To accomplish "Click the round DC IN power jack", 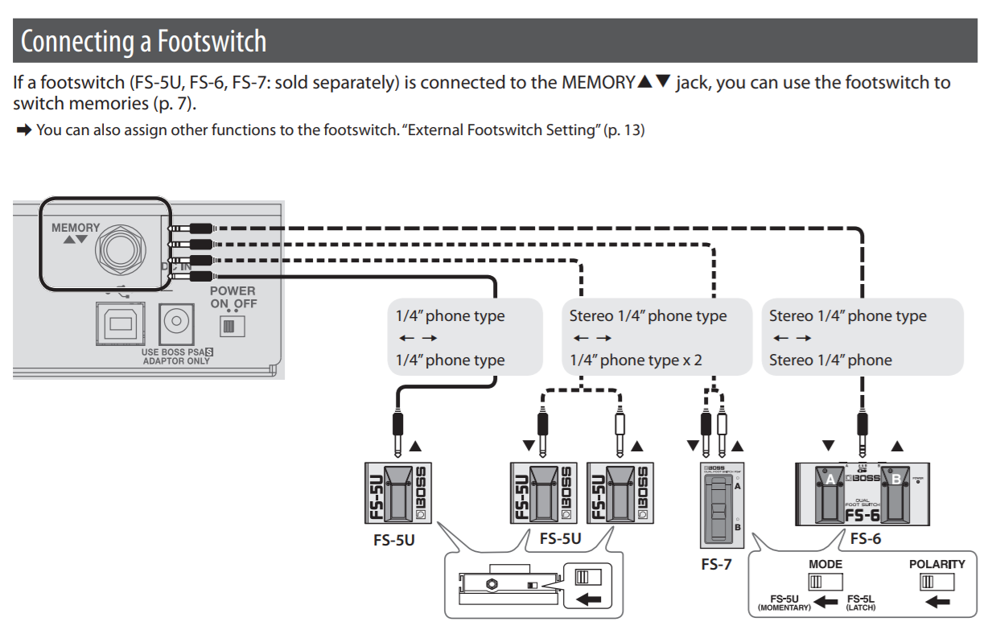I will (176, 323).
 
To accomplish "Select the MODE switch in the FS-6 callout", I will (825, 582).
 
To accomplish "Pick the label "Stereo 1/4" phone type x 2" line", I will (636, 360).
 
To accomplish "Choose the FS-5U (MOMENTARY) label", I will (784, 603).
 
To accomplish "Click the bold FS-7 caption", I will (716, 564).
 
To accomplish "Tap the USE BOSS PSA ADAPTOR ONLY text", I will (175, 356).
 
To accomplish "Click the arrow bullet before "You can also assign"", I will (23, 130).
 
